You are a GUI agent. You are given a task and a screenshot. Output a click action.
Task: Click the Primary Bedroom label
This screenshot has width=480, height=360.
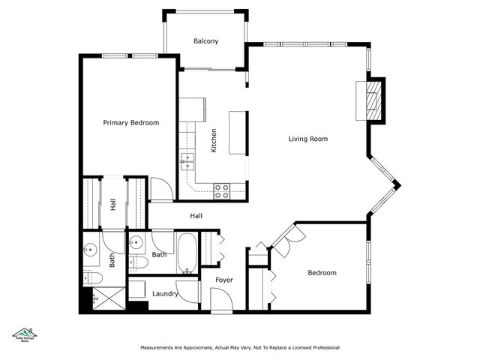pos(130,122)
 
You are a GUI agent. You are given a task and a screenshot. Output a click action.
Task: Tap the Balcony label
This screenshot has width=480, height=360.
pos(205,42)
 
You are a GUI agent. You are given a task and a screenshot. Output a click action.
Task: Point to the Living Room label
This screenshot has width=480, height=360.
pos(308,139)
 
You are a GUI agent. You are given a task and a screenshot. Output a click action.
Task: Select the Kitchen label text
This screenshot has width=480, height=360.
pos(214,140)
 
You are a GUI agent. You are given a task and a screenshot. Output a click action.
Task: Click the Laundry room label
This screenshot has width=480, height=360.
pos(165,294)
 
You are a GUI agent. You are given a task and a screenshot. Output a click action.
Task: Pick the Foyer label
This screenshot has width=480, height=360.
pos(224,280)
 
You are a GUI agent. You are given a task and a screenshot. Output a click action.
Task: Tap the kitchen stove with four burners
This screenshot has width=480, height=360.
pos(221,190)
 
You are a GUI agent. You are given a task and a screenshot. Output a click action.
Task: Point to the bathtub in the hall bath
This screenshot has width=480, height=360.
pos(187,253)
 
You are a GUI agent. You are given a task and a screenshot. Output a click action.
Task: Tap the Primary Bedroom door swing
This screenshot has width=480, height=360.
pos(160,189)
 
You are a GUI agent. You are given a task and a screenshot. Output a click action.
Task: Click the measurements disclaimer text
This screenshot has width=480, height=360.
pos(240,348)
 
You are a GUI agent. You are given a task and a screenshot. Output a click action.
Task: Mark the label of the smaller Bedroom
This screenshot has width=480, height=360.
pos(322,273)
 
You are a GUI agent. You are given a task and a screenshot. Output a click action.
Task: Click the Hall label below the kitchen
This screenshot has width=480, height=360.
pos(196,216)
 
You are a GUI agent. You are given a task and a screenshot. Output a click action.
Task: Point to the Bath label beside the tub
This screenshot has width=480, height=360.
pos(160,255)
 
